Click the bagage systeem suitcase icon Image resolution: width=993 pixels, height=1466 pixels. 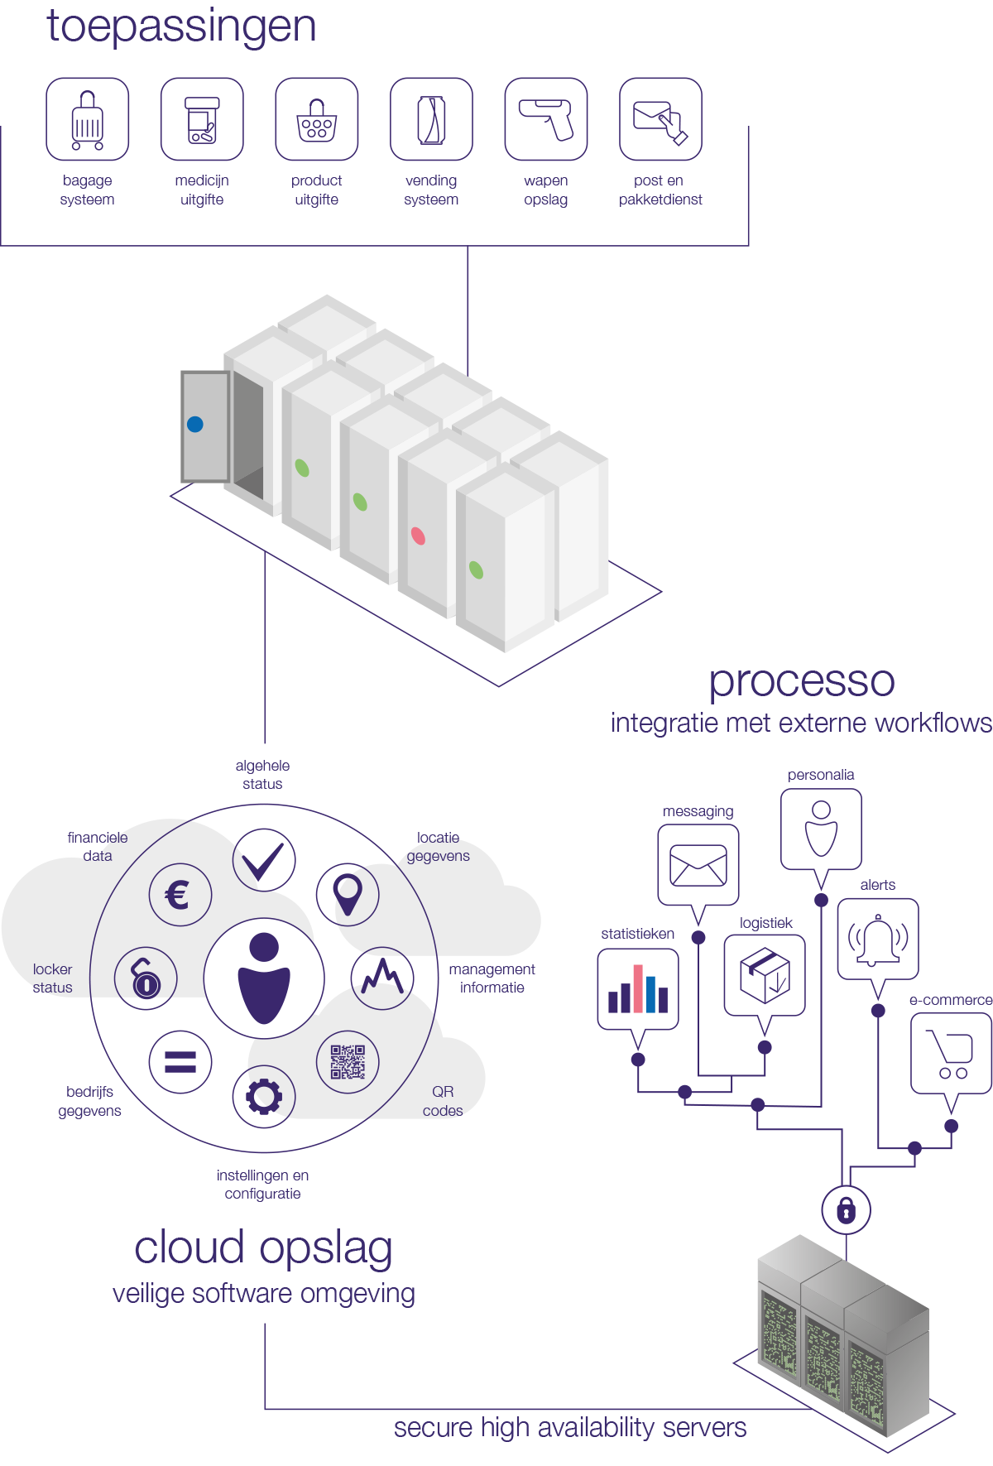[x=88, y=119]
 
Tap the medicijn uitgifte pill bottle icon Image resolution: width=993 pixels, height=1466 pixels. [x=202, y=119]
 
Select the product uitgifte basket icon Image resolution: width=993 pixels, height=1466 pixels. [x=317, y=119]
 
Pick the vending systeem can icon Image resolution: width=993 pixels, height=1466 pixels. [x=431, y=119]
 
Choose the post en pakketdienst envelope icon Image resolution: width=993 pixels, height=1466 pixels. [x=660, y=119]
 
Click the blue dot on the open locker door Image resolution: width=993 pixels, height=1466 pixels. [x=195, y=425]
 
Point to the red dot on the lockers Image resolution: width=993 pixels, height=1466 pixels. [x=419, y=536]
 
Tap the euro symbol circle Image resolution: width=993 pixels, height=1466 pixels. [x=180, y=895]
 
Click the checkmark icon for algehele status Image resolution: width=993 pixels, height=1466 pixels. [x=264, y=860]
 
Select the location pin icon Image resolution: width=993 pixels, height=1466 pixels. [x=348, y=895]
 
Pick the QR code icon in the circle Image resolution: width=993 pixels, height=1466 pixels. [x=348, y=1062]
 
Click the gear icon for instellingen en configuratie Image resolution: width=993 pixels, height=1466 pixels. [x=264, y=1097]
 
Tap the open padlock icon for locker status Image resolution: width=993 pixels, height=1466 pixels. [x=146, y=979]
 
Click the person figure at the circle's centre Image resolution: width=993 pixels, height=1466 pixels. [x=264, y=979]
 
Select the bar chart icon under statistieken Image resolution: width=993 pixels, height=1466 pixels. [x=638, y=988]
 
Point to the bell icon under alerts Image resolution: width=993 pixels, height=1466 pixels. [x=878, y=940]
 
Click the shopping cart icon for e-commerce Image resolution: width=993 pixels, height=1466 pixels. [x=952, y=1054]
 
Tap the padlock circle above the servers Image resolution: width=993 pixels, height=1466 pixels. [x=846, y=1210]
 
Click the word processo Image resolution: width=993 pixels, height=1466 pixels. [x=802, y=681]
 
